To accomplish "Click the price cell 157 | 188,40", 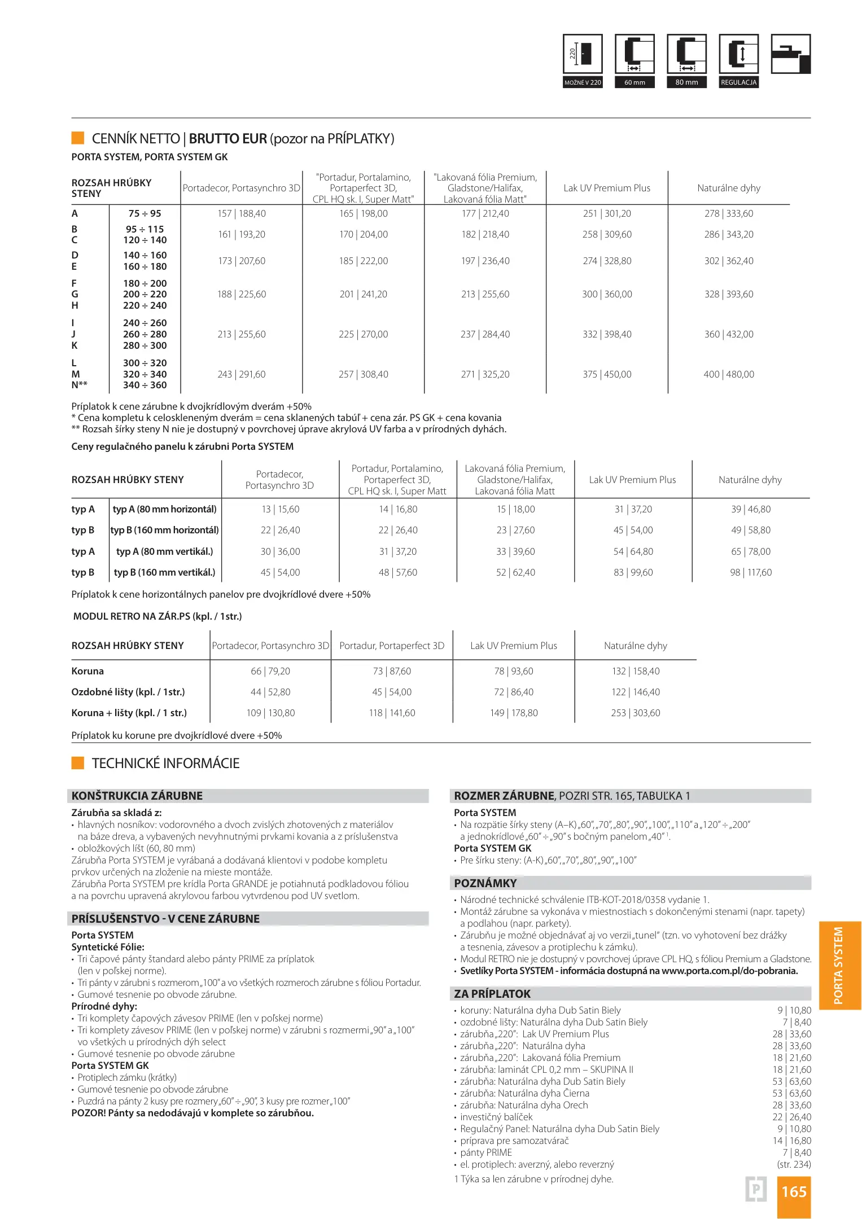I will tap(242, 213).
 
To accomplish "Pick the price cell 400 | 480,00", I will tap(729, 374).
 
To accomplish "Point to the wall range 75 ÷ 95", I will tap(145, 213).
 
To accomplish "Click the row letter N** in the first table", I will tap(79, 385).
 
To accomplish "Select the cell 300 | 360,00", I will tap(607, 294).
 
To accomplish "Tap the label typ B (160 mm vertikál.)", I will tap(164, 572).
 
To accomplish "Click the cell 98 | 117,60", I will tap(751, 572).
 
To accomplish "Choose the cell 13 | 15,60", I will tap(280, 509).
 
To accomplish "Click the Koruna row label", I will tap(87, 671).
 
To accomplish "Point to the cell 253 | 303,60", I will tap(635, 713).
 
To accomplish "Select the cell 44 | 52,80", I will tap(270, 692).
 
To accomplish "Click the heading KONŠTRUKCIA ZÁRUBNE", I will tap(137, 796).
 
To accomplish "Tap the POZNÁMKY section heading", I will tap(485, 883).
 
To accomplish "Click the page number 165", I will tap(794, 1191).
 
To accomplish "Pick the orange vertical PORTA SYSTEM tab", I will tap(839, 966).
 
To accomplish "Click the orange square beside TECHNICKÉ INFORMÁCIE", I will tap(78, 763).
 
